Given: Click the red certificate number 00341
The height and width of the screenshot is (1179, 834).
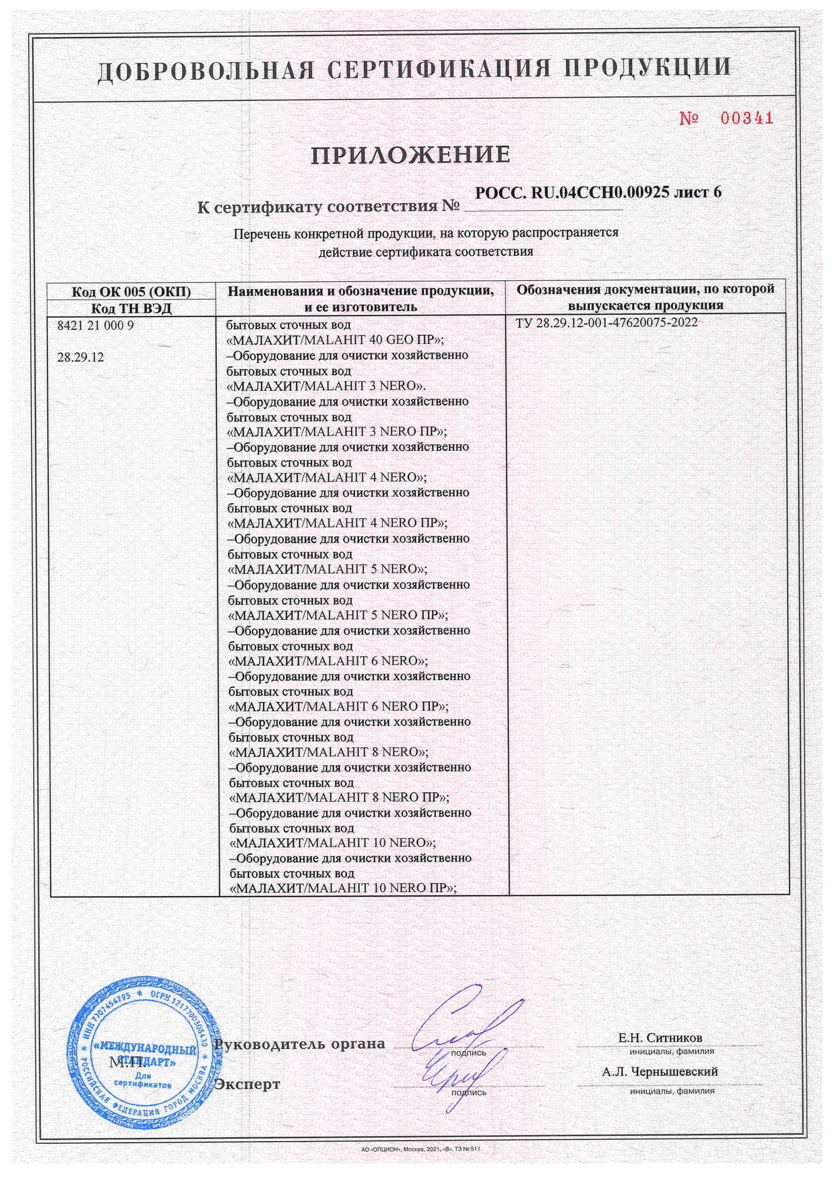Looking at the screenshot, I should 746,119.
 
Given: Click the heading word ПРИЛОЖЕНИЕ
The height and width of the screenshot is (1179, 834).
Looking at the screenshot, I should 410,155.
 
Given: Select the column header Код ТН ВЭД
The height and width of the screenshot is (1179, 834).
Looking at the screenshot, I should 131,309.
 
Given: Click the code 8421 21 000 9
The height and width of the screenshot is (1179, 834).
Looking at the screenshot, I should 95,326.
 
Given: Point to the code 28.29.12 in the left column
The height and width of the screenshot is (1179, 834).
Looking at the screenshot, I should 80,358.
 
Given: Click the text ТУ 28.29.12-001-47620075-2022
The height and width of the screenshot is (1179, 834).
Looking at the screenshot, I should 606,322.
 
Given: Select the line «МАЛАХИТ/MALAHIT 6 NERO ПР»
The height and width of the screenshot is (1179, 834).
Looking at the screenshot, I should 338,706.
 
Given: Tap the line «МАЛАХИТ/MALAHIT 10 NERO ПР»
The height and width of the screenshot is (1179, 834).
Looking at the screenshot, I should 343,888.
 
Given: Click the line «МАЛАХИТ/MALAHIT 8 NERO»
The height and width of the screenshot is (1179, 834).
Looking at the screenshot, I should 328,752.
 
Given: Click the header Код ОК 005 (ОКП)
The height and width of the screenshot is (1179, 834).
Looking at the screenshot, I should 131,292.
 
